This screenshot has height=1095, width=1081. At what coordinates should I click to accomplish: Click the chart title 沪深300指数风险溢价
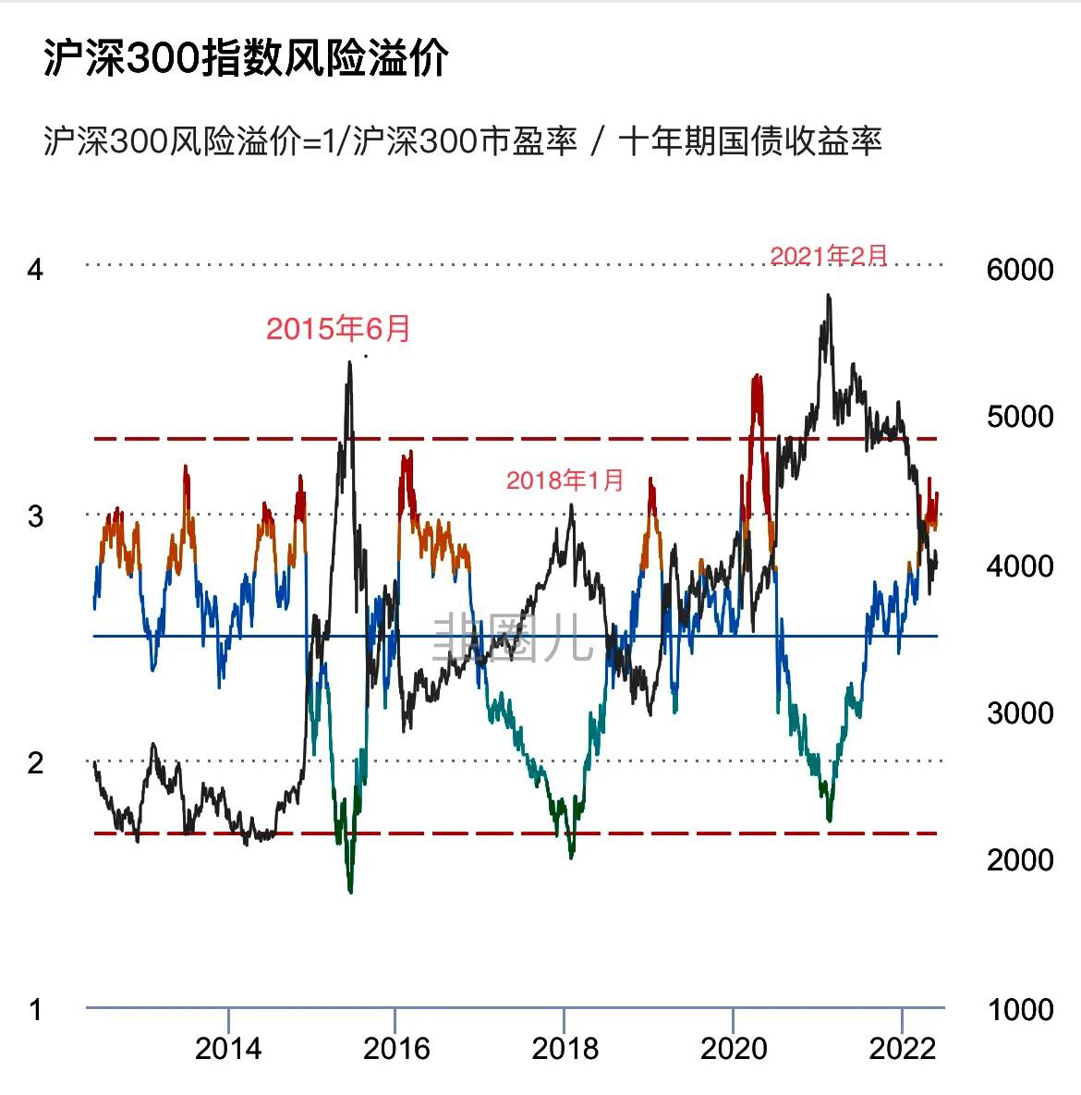pyautogui.click(x=246, y=59)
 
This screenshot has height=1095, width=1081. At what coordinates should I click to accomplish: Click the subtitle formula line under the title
pyautogui.click(x=462, y=141)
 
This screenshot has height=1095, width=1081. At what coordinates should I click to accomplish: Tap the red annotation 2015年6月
pyautogui.click(x=338, y=328)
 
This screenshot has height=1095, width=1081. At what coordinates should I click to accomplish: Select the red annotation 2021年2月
pyautogui.click(x=829, y=255)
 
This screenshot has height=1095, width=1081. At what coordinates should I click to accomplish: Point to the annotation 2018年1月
pyautogui.click(x=565, y=480)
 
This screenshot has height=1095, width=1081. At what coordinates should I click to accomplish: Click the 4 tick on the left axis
pyautogui.click(x=35, y=269)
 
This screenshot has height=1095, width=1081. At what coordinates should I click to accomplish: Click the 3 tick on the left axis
pyautogui.click(x=35, y=516)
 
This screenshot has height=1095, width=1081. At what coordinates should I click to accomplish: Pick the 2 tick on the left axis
pyautogui.click(x=35, y=762)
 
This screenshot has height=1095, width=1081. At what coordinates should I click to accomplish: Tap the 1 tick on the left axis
pyautogui.click(x=35, y=1009)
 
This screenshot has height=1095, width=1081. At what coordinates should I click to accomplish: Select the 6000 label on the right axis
pyautogui.click(x=1019, y=269)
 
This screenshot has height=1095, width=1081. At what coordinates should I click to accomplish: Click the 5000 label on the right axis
pyautogui.click(x=1019, y=417)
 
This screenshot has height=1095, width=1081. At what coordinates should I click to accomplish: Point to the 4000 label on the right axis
pyautogui.click(x=1019, y=565)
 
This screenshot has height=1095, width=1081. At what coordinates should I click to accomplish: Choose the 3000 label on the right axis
pyautogui.click(x=1019, y=712)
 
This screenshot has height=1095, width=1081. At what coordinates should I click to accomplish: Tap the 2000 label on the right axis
pyautogui.click(x=1019, y=859)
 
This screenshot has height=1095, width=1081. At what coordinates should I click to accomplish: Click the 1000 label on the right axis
pyautogui.click(x=1019, y=1009)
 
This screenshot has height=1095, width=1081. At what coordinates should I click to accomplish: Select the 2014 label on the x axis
pyautogui.click(x=228, y=1049)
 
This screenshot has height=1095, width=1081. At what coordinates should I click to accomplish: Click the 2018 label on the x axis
pyautogui.click(x=565, y=1049)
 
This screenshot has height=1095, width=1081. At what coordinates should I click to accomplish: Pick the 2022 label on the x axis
pyautogui.click(x=903, y=1049)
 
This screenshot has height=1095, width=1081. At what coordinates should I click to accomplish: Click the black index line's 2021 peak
pyautogui.click(x=829, y=297)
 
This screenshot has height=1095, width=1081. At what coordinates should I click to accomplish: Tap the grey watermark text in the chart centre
pyautogui.click(x=514, y=637)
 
